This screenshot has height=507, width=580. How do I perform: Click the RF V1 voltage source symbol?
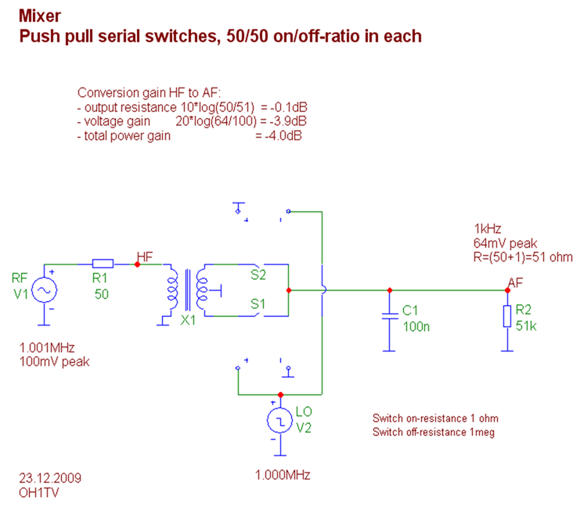pos(43,290)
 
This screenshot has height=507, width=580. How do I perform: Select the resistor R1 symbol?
pos(103,264)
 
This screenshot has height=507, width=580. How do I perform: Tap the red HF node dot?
pos(138,264)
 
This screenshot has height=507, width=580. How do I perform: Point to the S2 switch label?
pos(258,275)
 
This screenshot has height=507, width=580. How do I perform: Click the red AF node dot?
pos(509,290)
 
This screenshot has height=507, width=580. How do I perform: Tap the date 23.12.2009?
pos(49,476)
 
